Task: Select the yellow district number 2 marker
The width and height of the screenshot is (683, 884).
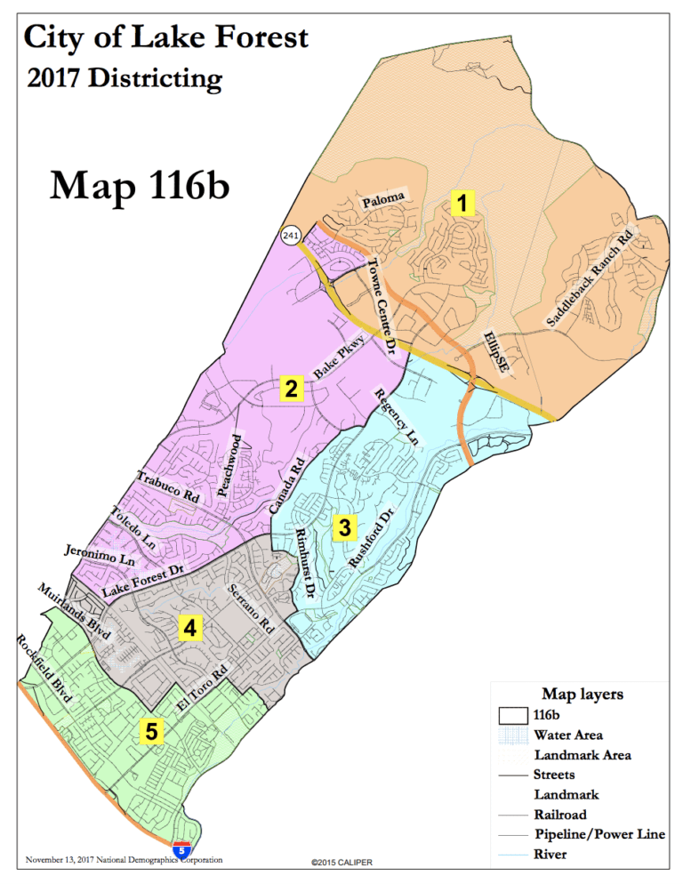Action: click(292, 388)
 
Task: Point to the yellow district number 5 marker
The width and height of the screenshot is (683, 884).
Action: click(152, 732)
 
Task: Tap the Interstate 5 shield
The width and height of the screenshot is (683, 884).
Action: click(181, 849)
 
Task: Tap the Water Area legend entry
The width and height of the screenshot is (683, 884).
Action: click(567, 735)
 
